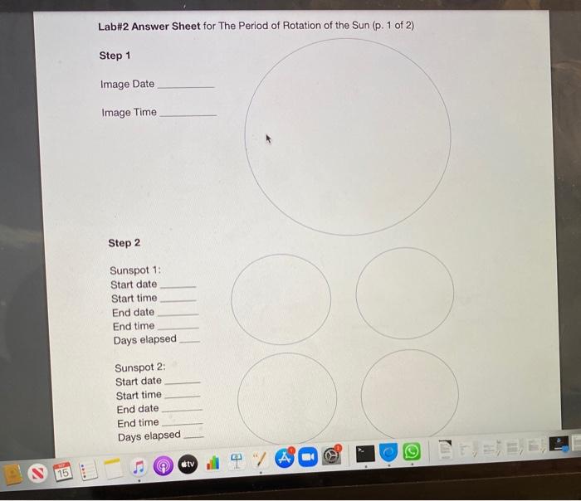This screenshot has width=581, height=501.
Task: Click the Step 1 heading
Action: click(115, 56)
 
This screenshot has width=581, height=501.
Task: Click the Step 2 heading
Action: click(124, 243)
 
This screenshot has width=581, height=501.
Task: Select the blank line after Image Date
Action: click(185, 86)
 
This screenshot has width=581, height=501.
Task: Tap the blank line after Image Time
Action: click(187, 114)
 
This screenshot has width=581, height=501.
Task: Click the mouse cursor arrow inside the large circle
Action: click(268, 139)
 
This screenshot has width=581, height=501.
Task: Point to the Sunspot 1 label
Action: click(134, 270)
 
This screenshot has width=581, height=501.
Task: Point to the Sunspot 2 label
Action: click(139, 367)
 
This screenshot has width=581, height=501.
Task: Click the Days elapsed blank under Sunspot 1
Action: click(190, 341)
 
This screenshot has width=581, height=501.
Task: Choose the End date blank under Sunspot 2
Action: click(182, 410)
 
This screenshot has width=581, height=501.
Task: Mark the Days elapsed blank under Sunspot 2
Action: click(193, 437)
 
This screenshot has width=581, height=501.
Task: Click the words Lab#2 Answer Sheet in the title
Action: click(149, 26)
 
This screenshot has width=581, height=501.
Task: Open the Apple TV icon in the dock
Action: click(188, 464)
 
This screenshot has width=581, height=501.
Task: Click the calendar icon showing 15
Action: click(63, 470)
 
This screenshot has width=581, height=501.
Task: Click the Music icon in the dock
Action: click(140, 467)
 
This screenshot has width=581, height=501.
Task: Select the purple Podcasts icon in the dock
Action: click(164, 466)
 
